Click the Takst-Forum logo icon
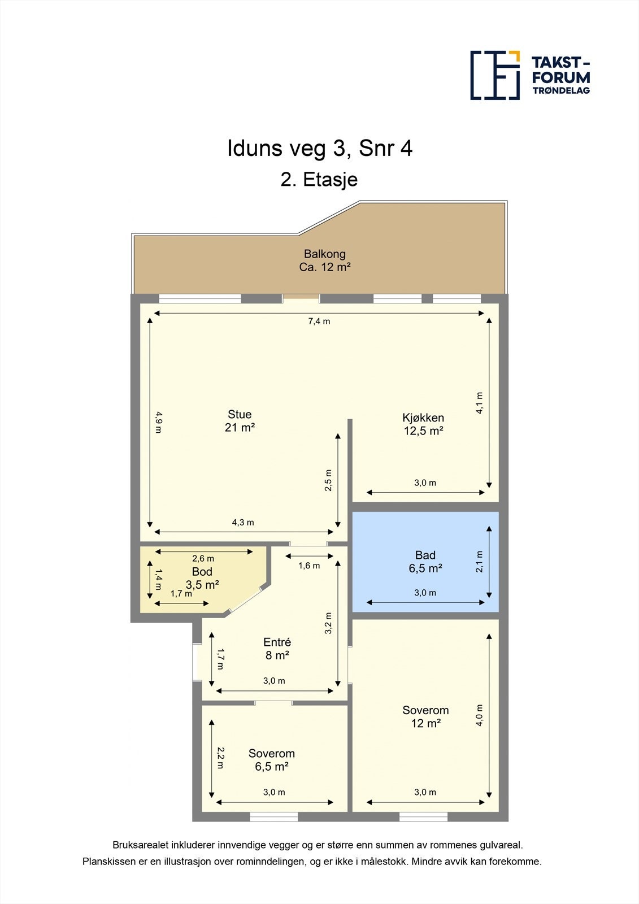coord(495,76)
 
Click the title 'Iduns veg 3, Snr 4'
coord(320,148)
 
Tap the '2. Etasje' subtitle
coord(319,180)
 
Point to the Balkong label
coord(325,260)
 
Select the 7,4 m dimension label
coord(319,321)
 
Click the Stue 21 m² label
coord(240,420)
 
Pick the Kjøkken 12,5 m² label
coord(423,424)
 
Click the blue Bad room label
coord(425,562)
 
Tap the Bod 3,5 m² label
coord(202,578)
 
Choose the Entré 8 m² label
coord(277,649)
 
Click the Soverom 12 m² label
coord(425,716)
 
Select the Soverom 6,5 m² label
coord(272,759)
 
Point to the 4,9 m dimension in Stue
coord(158,422)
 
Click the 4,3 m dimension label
coord(243,522)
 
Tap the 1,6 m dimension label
coord(309,566)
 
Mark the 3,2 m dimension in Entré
coord(328,623)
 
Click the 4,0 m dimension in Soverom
coord(479,715)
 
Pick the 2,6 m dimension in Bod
coord(203,559)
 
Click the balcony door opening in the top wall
coord(301,299)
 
